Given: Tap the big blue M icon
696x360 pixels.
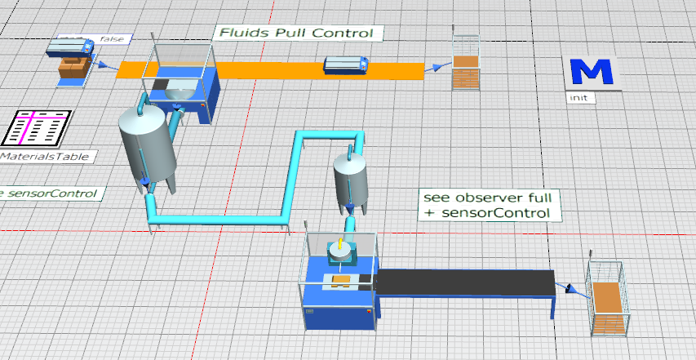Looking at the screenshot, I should pos(592,73).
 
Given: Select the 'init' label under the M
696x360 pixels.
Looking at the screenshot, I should pos(578,97).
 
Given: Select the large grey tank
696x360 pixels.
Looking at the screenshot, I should pos(147,147).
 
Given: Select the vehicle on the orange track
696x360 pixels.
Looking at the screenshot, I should pos(348,64).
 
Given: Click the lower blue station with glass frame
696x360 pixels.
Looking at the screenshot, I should pos(339,290).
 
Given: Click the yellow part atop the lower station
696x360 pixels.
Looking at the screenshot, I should pos(339,244).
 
